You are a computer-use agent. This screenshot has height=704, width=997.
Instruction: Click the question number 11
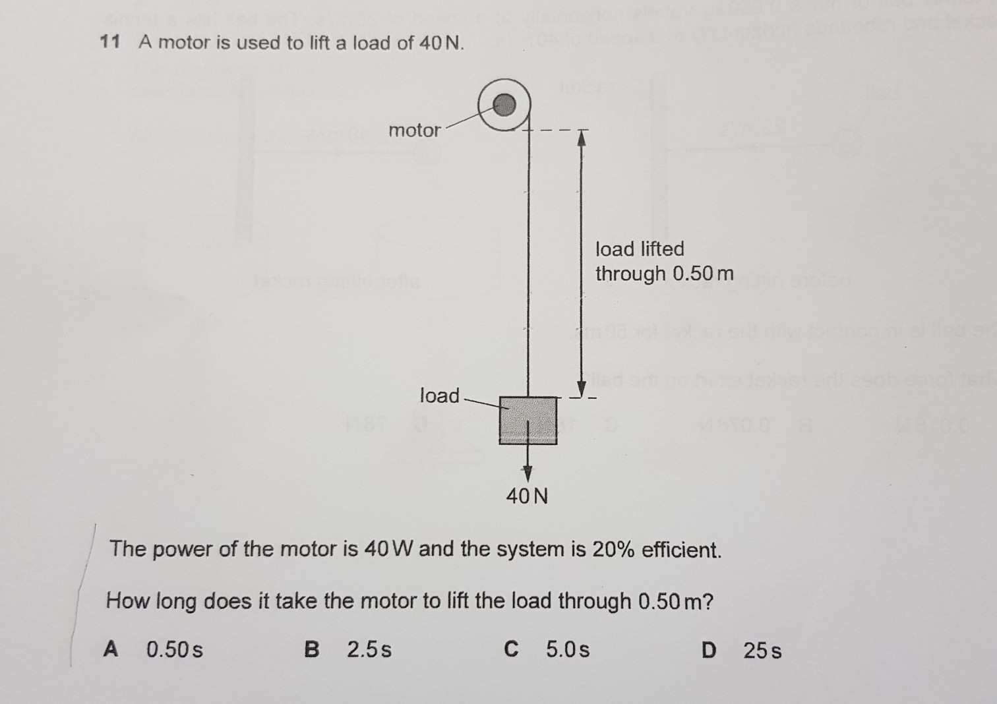pyautogui.click(x=110, y=42)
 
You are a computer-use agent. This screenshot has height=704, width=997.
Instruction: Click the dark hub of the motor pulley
pyautogui.click(x=504, y=105)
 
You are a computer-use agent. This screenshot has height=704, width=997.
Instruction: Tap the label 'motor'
pyautogui.click(x=414, y=131)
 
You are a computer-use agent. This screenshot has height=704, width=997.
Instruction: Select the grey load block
pyautogui.click(x=528, y=421)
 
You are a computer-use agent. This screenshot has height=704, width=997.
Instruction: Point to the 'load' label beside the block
pyautogui.click(x=439, y=395)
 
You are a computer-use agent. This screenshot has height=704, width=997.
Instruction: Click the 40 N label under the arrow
pyautogui.click(x=527, y=496)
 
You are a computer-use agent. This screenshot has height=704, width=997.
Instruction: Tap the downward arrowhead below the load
pyautogui.click(x=528, y=473)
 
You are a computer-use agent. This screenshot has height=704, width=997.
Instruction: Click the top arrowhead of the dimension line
pyautogui.click(x=582, y=139)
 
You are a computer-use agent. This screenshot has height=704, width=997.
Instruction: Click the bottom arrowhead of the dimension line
pyautogui.click(x=582, y=388)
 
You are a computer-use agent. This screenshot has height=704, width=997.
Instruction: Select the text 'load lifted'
pyautogui.click(x=640, y=249)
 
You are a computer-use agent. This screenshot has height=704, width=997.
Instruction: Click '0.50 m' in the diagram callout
pyautogui.click(x=703, y=274)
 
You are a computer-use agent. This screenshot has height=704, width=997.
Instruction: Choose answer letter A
pyautogui.click(x=111, y=649)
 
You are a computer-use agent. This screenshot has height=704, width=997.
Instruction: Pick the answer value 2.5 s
pyautogui.click(x=369, y=649)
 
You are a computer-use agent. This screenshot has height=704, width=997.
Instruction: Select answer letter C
pyautogui.click(x=512, y=649)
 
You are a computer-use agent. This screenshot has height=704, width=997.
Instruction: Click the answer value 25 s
pyautogui.click(x=762, y=651)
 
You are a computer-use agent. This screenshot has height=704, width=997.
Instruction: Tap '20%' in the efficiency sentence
pyautogui.click(x=613, y=550)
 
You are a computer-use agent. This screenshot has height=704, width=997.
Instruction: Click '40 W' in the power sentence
pyautogui.click(x=389, y=548)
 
